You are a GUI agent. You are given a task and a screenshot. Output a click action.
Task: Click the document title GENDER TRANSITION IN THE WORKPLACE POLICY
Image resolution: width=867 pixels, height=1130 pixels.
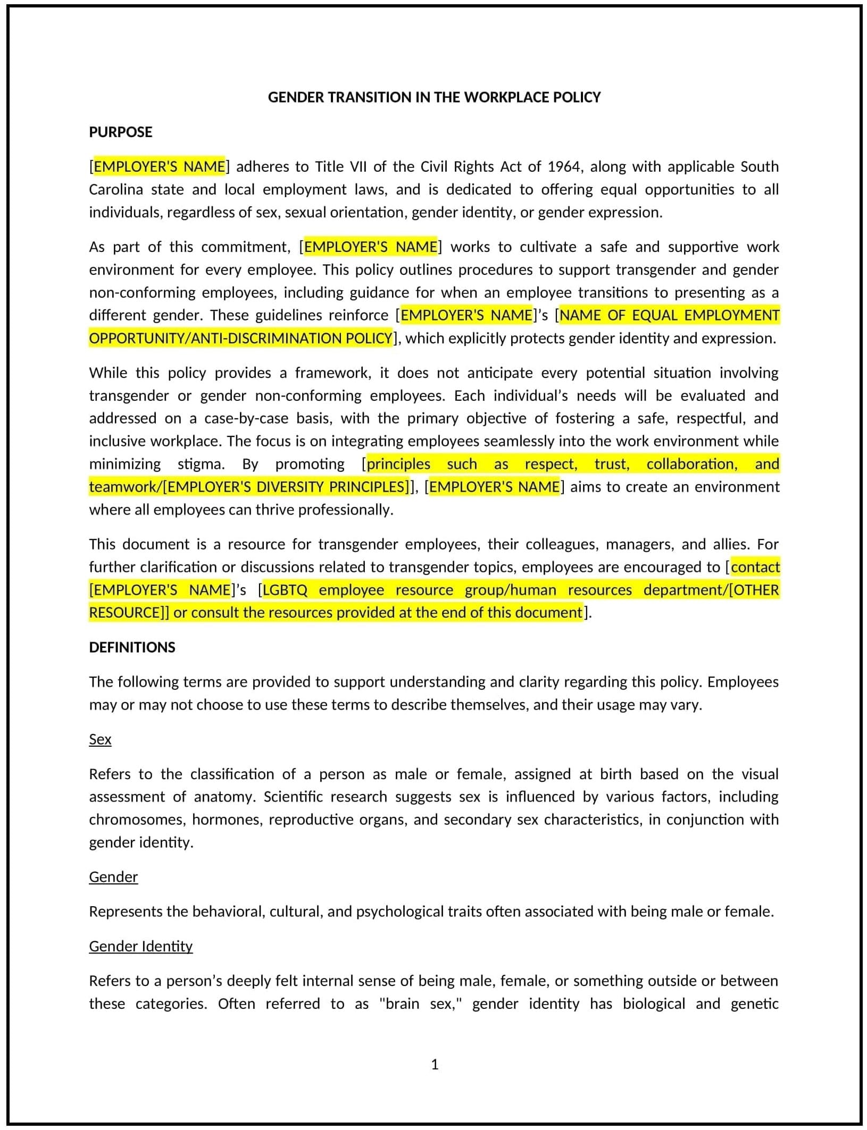click(434, 97)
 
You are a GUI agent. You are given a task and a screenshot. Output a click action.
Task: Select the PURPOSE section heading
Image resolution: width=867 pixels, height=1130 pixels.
click(121, 132)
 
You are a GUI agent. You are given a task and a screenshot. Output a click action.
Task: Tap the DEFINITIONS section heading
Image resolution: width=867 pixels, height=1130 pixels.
click(132, 647)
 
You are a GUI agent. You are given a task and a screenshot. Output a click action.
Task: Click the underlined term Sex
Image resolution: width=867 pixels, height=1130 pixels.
click(100, 739)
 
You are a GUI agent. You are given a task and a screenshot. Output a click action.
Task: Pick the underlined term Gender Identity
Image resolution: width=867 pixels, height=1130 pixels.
click(140, 946)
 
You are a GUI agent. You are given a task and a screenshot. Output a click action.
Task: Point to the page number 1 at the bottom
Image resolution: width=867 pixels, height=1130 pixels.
click(435, 1064)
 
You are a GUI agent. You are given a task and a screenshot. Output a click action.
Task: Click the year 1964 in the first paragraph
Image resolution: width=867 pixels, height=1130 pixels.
click(565, 166)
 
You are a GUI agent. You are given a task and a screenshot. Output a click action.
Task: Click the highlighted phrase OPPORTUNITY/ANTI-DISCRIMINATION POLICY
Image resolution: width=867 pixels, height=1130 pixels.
click(240, 338)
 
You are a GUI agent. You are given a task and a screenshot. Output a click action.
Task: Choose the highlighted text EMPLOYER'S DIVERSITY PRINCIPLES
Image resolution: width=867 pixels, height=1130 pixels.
click(287, 487)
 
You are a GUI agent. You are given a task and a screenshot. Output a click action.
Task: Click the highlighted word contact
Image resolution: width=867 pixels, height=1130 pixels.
click(755, 567)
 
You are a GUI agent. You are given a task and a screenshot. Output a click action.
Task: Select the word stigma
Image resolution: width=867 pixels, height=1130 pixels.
click(201, 464)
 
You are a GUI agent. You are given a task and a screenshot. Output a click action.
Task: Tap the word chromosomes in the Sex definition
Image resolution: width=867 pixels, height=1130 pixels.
click(136, 820)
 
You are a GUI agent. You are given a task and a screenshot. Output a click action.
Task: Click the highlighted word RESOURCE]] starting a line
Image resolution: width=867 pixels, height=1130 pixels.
click(129, 613)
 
